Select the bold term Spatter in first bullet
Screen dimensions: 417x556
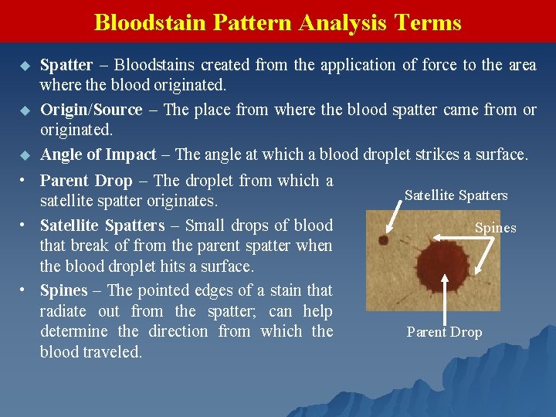tap(66, 66)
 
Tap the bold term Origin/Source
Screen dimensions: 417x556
tap(91, 110)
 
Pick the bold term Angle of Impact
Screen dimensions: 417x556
tap(98, 154)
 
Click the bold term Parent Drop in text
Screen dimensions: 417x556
tap(86, 181)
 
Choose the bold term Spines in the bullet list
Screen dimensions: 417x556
tap(63, 290)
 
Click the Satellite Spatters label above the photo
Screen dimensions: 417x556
tap(456, 195)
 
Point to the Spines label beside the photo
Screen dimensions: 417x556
tap(495, 228)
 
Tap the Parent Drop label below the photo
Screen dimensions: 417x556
tap(444, 332)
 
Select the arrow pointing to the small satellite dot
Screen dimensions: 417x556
tap(394, 217)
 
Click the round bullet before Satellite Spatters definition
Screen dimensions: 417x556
tap(24, 225)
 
